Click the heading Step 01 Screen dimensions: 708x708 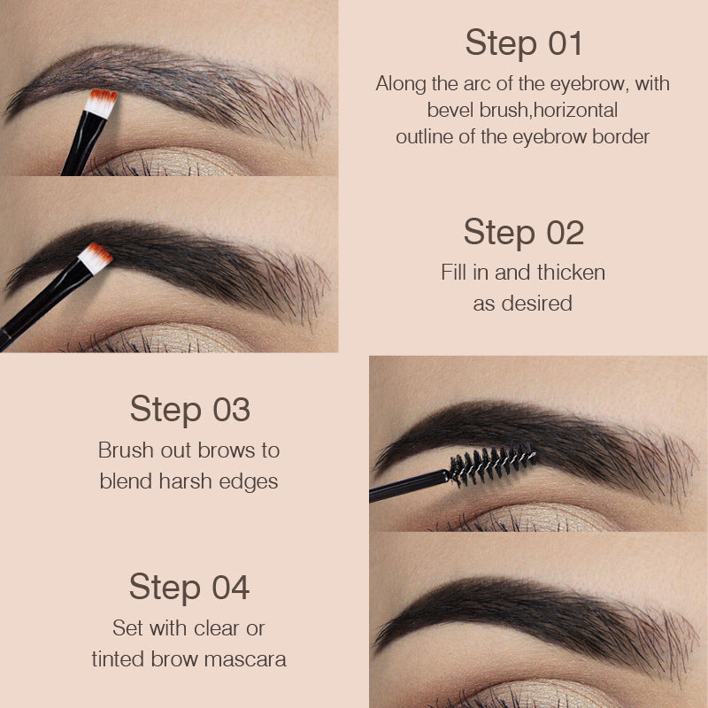523,42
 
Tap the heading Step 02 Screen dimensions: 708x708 523,232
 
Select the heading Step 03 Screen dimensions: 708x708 189,409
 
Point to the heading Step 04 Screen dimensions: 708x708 189,587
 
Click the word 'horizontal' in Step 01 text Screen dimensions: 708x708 575,111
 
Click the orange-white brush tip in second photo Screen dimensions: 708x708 96,256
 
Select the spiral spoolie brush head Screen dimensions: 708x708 491,463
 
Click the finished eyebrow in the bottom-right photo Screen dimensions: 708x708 522,611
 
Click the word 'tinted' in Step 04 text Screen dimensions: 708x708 121,659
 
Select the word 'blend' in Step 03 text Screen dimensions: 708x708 124,481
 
